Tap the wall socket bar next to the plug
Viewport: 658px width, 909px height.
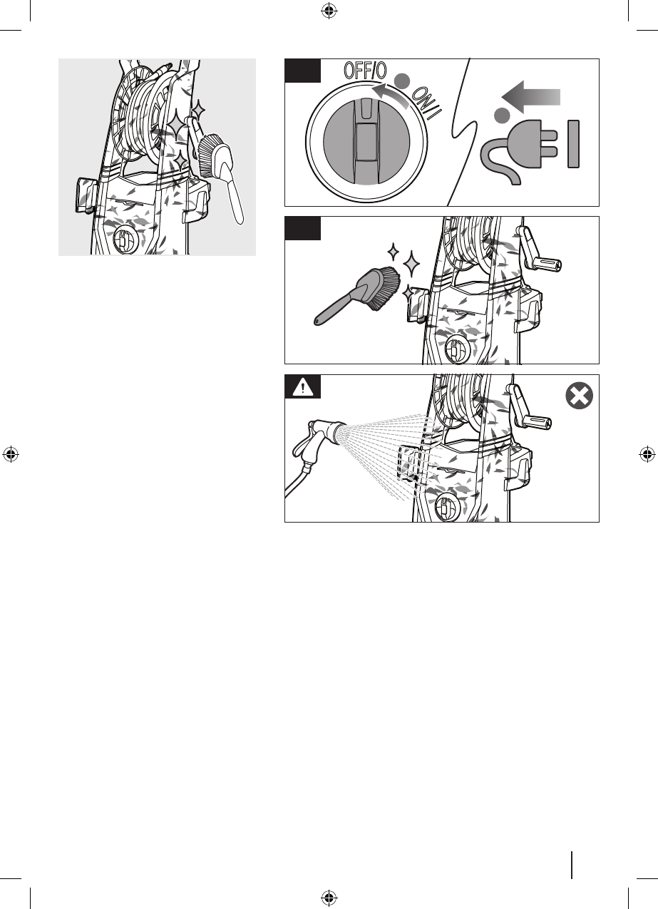click(x=572, y=144)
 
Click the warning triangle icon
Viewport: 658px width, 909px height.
click(x=303, y=388)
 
